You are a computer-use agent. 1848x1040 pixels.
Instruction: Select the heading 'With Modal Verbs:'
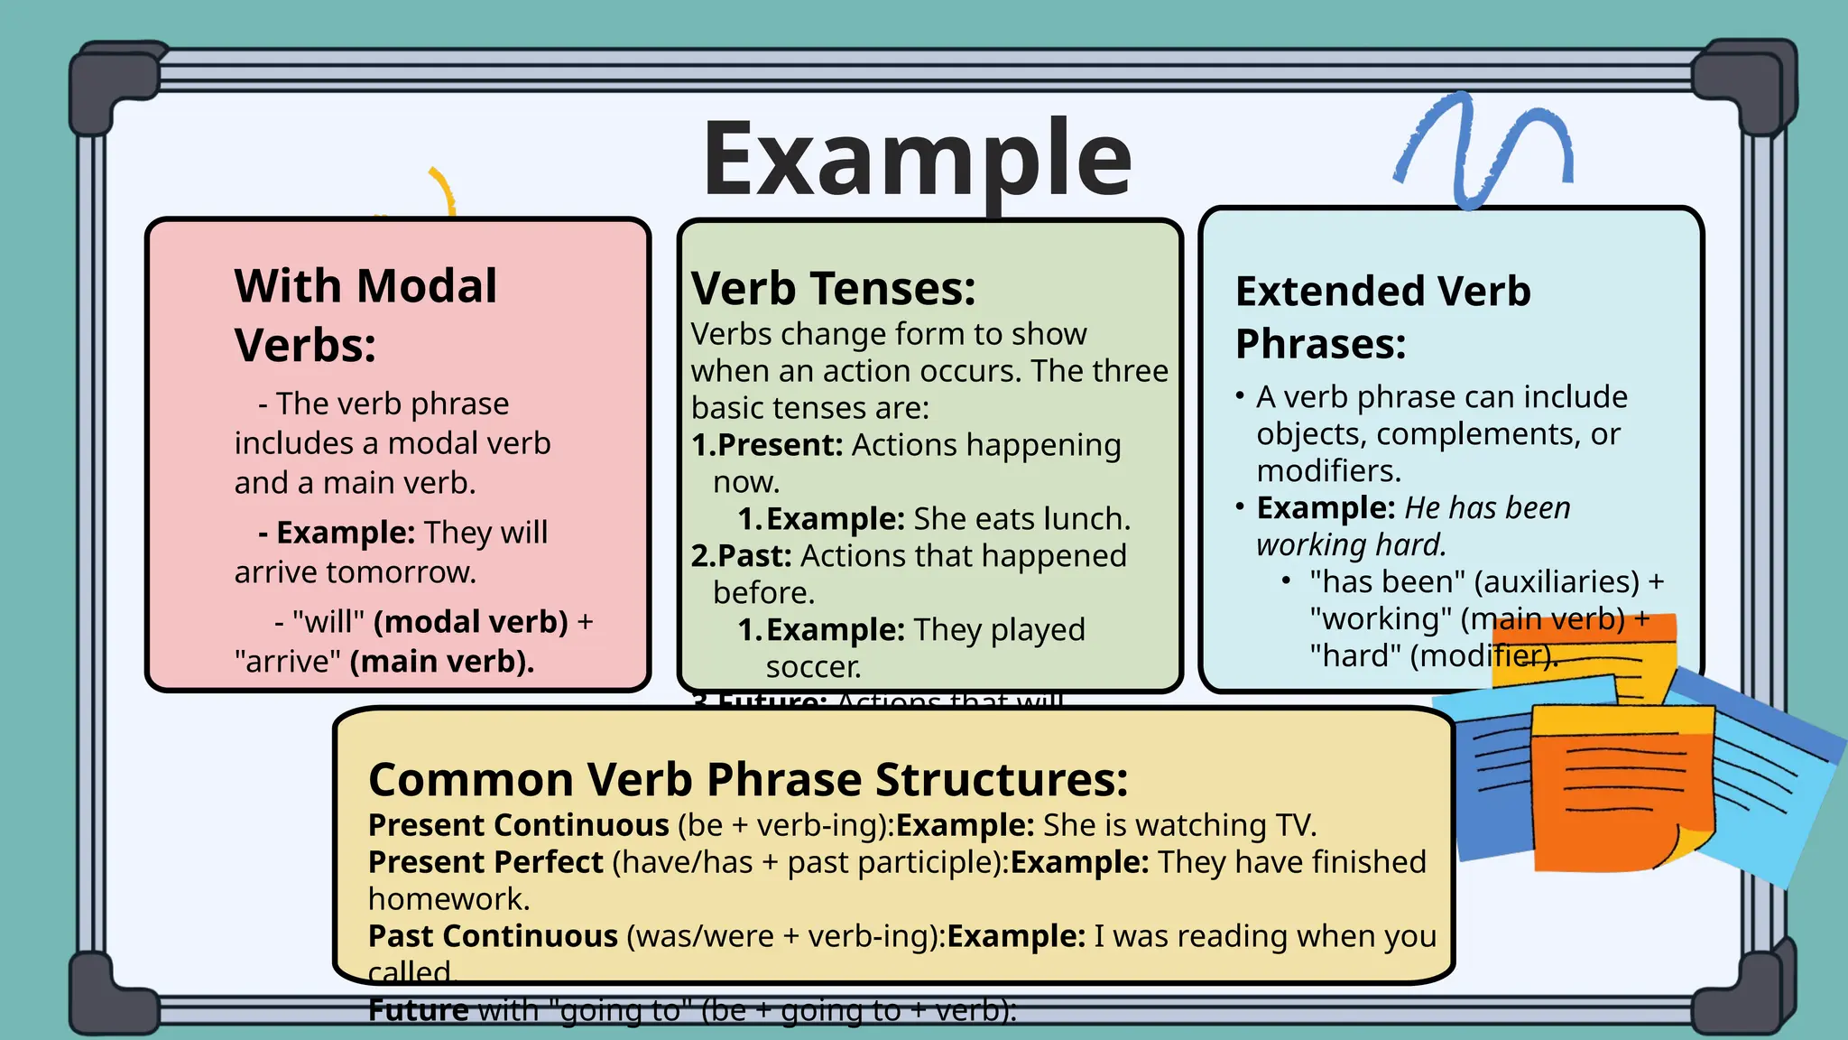click(365, 314)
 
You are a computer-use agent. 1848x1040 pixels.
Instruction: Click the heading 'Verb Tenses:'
click(834, 289)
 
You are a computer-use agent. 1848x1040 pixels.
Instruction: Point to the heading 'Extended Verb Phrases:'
click(1382, 317)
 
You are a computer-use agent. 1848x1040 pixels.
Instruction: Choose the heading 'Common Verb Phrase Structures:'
click(748, 779)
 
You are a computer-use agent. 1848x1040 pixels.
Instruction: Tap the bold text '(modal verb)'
click(470, 622)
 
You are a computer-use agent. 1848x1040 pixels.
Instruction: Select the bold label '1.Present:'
click(767, 445)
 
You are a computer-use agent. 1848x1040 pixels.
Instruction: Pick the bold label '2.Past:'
click(741, 556)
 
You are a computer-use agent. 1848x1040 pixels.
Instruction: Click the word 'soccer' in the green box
click(812, 667)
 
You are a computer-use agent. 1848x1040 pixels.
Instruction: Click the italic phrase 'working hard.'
click(1351, 545)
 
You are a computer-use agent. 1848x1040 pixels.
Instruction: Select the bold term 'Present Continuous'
click(518, 825)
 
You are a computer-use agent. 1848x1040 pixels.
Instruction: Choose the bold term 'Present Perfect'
click(485, 862)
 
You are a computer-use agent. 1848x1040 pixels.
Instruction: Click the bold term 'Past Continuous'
click(493, 936)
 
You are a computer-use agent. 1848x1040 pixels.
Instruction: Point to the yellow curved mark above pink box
click(442, 190)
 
